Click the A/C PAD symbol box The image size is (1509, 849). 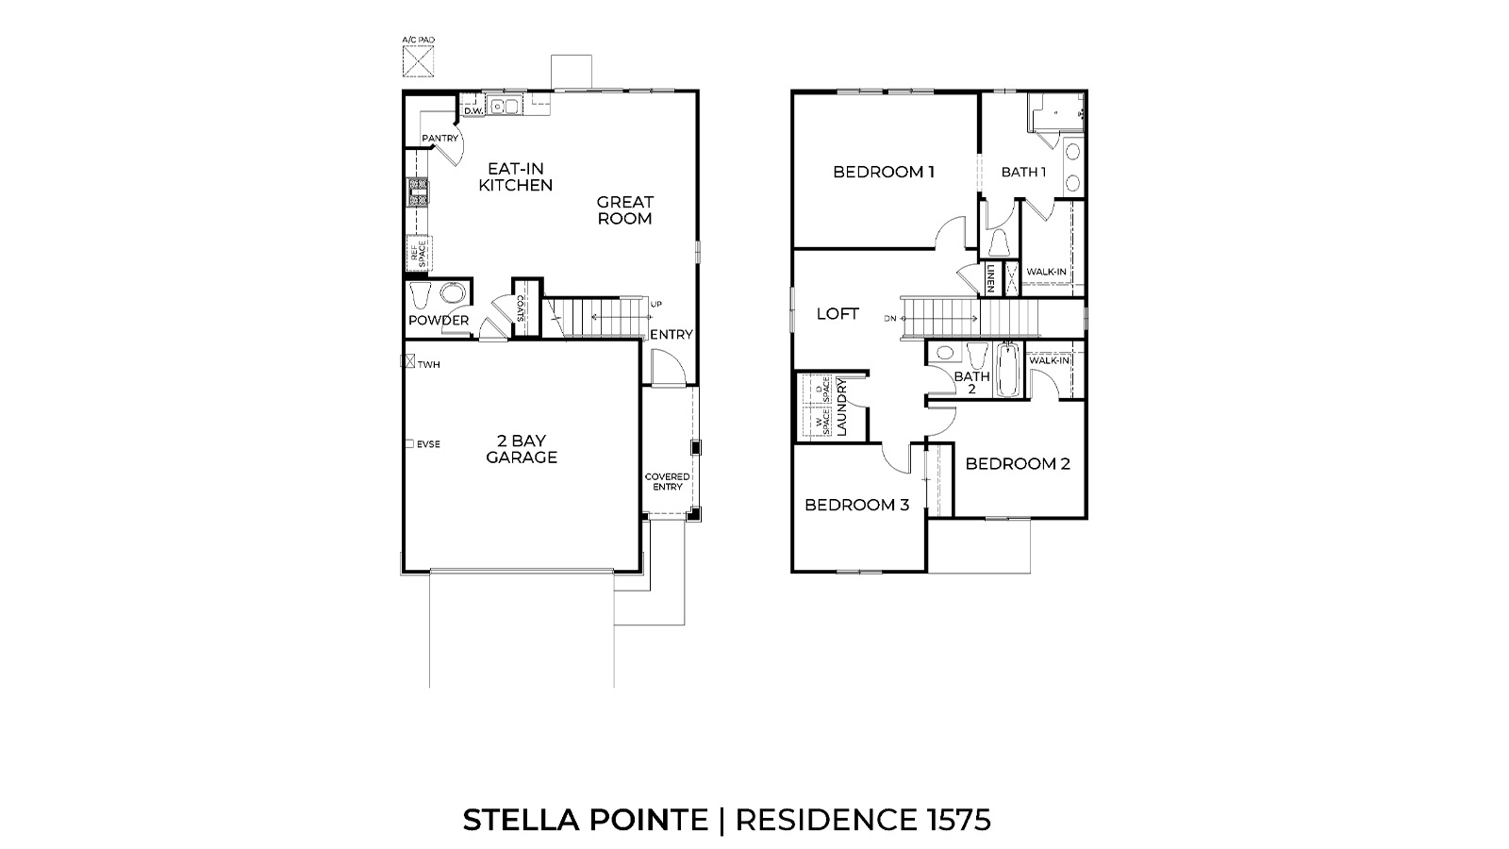click(x=419, y=62)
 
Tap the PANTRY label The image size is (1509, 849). click(x=439, y=139)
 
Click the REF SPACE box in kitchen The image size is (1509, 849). click(x=417, y=252)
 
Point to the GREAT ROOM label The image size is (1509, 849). click(x=624, y=210)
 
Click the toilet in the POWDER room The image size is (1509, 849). click(x=421, y=295)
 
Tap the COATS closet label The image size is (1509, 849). click(x=521, y=308)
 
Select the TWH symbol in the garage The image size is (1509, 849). click(x=409, y=361)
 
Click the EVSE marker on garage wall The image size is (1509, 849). click(x=409, y=443)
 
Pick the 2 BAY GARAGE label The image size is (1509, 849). click(x=522, y=449)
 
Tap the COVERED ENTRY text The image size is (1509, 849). click(x=667, y=481)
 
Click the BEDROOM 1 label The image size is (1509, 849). click(x=884, y=172)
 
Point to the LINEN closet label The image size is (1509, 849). click(x=991, y=277)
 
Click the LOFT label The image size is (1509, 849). click(x=837, y=314)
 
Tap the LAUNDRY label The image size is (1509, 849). click(x=842, y=408)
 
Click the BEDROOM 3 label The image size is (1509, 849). click(x=856, y=505)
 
